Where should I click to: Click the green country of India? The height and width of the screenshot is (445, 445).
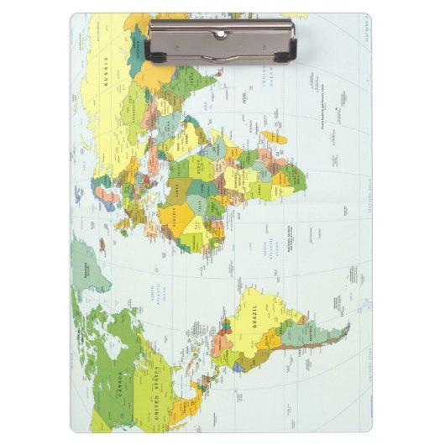tap(202, 84)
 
